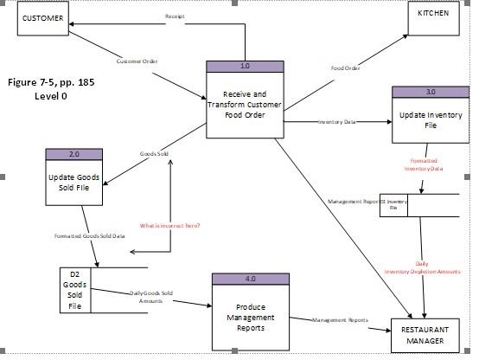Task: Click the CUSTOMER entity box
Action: (x=43, y=18)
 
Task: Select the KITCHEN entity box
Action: (x=433, y=16)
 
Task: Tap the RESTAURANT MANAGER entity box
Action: (x=425, y=336)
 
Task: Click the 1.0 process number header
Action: (x=246, y=67)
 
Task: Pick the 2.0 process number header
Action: (x=73, y=154)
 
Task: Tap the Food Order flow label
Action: (x=346, y=67)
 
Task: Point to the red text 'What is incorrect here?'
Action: (x=172, y=225)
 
